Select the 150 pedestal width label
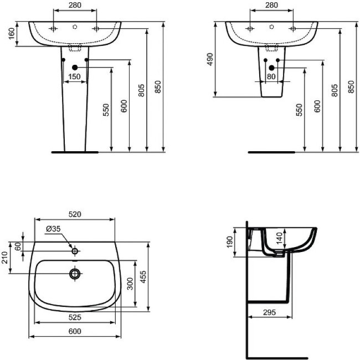75,77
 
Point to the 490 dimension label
210,60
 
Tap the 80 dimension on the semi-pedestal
271,77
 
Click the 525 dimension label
75,317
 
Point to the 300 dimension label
130,284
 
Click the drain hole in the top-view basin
75,273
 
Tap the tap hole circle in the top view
75,251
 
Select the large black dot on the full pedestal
75,68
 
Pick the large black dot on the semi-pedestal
271,68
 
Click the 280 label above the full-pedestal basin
75,6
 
